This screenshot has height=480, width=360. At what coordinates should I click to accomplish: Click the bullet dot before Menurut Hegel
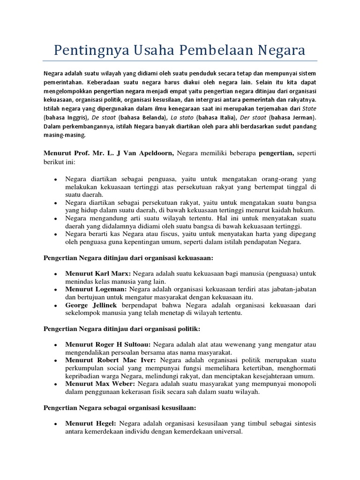[56, 424]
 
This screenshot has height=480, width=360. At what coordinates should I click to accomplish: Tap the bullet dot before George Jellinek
[56, 305]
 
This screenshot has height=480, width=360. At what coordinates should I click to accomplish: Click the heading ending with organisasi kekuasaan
[128, 258]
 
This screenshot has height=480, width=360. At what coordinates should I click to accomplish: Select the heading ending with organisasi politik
[122, 329]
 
